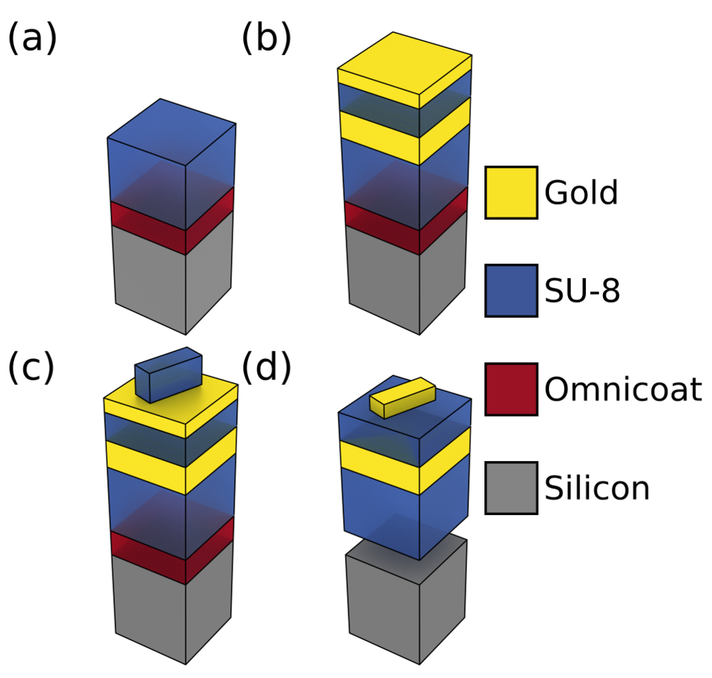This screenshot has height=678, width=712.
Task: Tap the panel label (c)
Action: (x=31, y=367)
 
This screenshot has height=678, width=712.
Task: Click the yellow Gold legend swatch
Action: (x=511, y=193)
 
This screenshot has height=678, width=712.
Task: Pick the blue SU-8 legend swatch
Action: (x=511, y=291)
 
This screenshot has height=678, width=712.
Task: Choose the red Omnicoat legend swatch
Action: (x=511, y=389)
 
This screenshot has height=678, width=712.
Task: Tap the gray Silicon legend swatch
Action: (x=511, y=488)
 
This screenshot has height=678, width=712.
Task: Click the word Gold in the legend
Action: (x=581, y=193)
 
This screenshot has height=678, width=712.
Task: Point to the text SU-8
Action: (x=582, y=291)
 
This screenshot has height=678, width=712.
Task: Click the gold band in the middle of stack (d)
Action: (x=380, y=466)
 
